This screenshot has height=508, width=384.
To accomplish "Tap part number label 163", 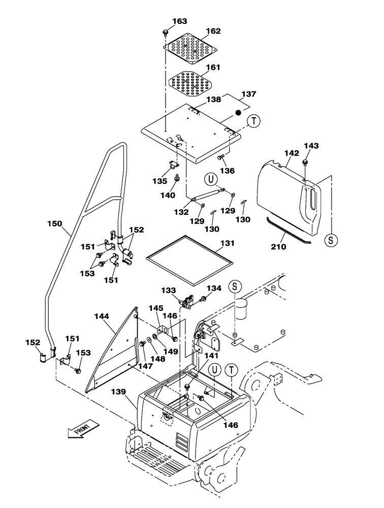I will pos(165,21).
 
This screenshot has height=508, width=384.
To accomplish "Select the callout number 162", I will pos(214,31).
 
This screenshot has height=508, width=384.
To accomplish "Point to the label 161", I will pos(214,67).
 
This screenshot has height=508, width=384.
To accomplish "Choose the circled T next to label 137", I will pos(253,121).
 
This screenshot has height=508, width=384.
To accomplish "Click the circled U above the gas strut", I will pos(211,179).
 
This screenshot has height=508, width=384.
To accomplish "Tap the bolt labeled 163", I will pos(166,33).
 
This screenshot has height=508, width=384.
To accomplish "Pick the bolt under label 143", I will pos(305,163).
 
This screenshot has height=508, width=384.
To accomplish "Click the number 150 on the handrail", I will pos(54,224).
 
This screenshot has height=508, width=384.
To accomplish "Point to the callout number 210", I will pos(279,247).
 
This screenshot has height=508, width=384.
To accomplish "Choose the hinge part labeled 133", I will pos(189,302).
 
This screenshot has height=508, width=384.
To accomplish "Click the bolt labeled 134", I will pos(203,299).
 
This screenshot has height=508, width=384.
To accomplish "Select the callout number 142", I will pos(292,152).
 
